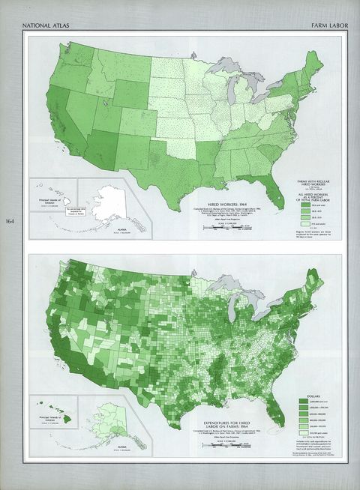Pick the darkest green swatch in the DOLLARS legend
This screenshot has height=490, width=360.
click(304, 408)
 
